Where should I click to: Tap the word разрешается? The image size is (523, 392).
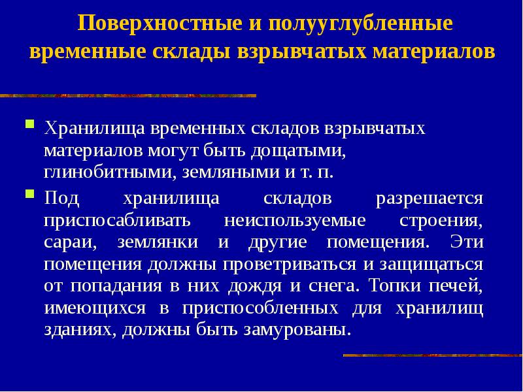pyautogui.click(x=430, y=199)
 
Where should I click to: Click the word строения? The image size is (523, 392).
pyautogui.click(x=441, y=221)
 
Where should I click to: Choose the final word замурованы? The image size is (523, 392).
pyautogui.click(x=303, y=331)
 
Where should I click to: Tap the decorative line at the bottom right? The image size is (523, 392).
pyautogui.click(x=432, y=355)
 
